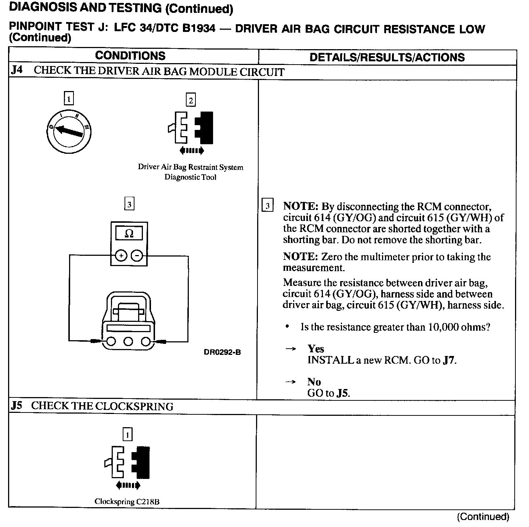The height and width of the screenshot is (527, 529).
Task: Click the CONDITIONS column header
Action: (x=130, y=56)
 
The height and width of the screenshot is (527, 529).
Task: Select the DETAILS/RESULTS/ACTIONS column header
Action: (x=387, y=57)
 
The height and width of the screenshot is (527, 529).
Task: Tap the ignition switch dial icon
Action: (x=69, y=132)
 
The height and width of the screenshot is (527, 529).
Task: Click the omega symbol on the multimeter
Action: (x=129, y=233)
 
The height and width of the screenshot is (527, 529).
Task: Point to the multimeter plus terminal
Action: (x=121, y=255)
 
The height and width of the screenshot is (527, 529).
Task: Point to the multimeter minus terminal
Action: (x=137, y=255)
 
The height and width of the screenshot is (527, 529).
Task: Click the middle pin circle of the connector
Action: (x=128, y=342)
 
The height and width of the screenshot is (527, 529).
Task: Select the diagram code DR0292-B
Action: (x=222, y=352)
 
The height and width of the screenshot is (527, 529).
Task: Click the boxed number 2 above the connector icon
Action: (x=190, y=100)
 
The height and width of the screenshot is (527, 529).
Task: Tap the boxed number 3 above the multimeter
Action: (x=129, y=204)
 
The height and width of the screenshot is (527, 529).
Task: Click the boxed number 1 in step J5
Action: (x=127, y=435)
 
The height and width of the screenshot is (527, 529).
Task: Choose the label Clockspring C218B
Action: (x=127, y=502)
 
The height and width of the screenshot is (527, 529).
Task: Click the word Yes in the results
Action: (x=316, y=349)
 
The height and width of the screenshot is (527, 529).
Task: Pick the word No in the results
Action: (x=314, y=382)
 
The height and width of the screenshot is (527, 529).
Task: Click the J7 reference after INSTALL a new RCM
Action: (x=449, y=360)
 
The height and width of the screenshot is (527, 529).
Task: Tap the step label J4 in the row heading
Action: (x=17, y=70)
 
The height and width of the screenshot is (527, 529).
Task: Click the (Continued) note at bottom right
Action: (x=483, y=517)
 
